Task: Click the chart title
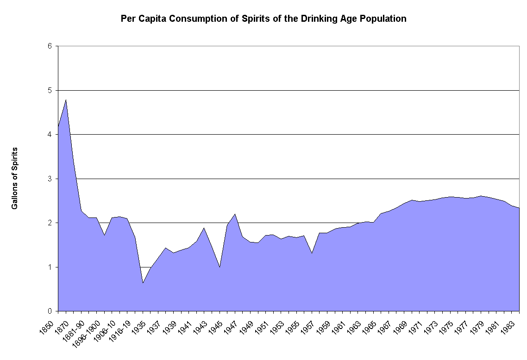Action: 263,19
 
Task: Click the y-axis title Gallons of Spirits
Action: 15,178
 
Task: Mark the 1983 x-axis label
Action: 514,322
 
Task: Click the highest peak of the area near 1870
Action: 66,100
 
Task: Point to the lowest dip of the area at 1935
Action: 143,283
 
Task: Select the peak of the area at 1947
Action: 235,214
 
